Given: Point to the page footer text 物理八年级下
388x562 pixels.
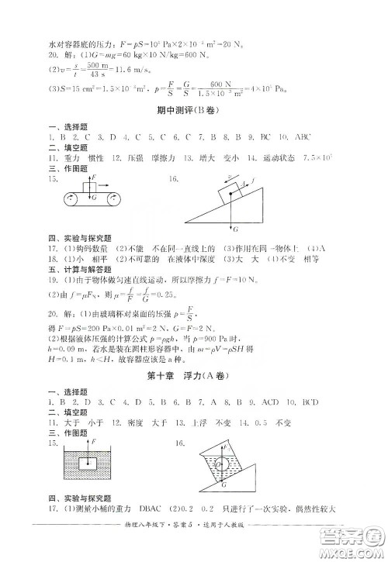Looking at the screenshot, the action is click(x=145, y=547).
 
